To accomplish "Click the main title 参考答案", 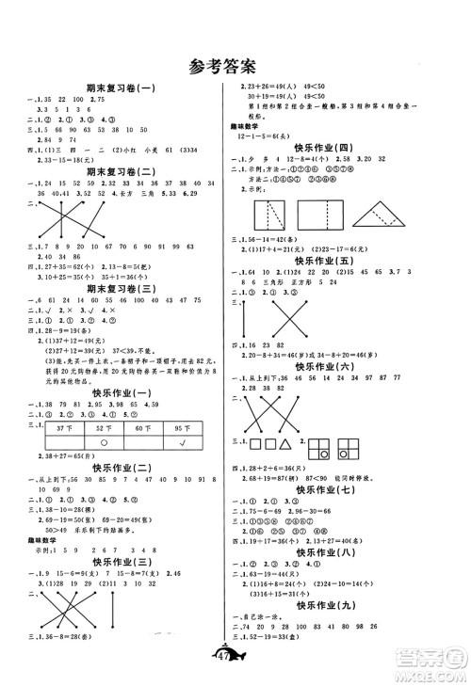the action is (x=235, y=66).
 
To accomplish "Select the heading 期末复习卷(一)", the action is (x=120, y=88).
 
